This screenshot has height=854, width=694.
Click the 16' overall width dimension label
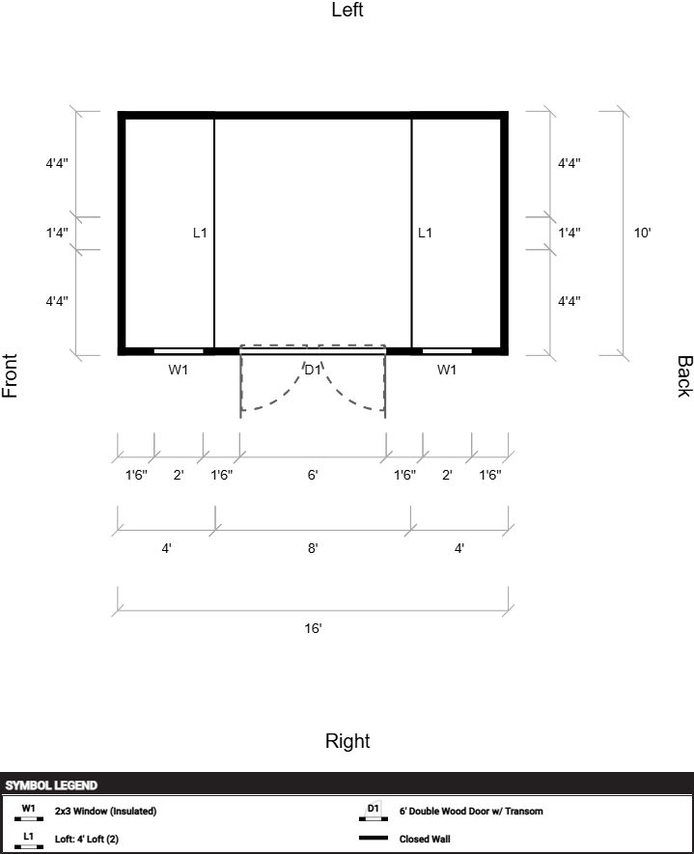coord(313,628)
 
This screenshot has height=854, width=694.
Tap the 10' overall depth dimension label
coord(642,234)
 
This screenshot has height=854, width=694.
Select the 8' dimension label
coord(313,548)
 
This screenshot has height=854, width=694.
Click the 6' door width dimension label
coord(313,475)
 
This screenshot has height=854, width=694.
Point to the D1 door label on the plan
coord(313,370)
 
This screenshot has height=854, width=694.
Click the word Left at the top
coord(347,10)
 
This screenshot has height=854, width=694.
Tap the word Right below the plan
coord(347,741)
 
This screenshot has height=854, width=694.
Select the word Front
coord(10,375)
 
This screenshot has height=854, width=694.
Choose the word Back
coord(684,376)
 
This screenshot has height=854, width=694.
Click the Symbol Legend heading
coord(51,785)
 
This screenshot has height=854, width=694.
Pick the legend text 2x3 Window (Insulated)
coord(105,811)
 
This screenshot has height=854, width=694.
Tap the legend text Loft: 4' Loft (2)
coord(87,839)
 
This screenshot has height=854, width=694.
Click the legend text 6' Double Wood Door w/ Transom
coord(471,811)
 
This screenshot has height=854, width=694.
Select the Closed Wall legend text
coord(425,839)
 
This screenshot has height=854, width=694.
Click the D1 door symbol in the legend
coord(374,811)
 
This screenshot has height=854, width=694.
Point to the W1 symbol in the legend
coord(28,812)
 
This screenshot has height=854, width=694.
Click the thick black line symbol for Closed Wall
coord(374,839)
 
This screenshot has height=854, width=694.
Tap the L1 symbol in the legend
coord(28,840)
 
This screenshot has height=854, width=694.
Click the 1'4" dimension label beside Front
coord(57,234)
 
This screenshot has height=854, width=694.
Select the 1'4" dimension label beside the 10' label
coord(569,234)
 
